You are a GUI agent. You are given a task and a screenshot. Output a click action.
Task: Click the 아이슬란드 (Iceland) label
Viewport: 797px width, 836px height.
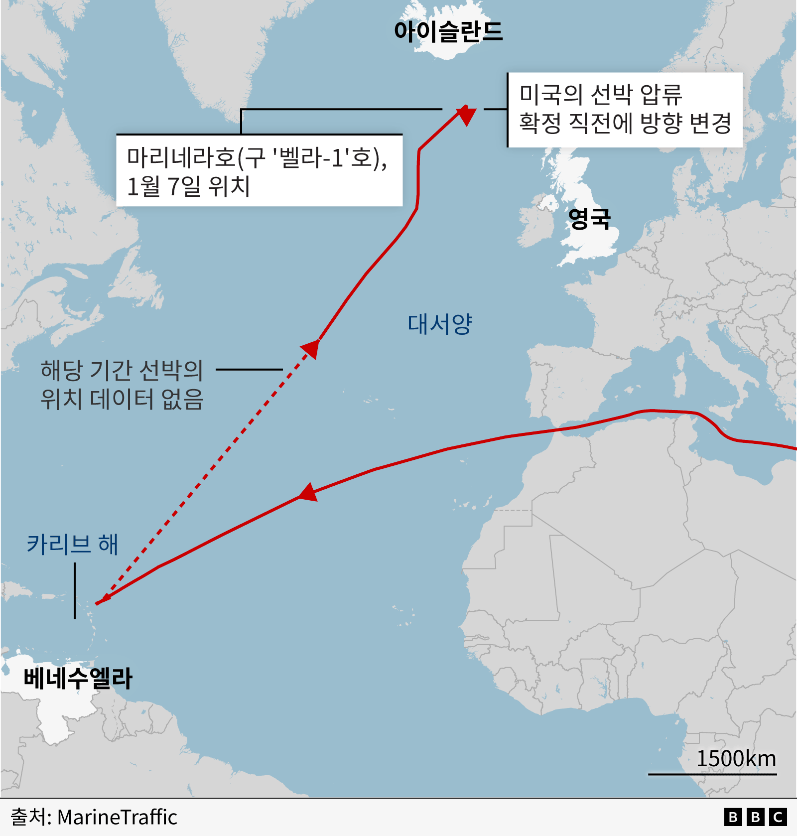click(x=448, y=31)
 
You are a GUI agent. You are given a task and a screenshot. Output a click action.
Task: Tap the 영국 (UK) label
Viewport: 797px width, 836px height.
click(x=589, y=218)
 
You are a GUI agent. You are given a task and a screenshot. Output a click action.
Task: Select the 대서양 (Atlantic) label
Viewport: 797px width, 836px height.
click(x=439, y=324)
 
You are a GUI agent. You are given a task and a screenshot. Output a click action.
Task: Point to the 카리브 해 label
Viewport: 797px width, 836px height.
click(x=72, y=544)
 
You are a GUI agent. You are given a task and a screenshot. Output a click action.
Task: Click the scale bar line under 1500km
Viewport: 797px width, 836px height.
click(x=712, y=774)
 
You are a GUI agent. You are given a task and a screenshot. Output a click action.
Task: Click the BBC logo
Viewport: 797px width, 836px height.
click(x=755, y=817)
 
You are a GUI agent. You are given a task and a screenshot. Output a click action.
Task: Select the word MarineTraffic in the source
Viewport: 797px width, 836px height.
click(x=117, y=818)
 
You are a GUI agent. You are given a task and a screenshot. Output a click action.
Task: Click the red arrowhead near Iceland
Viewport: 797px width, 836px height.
click(x=466, y=115)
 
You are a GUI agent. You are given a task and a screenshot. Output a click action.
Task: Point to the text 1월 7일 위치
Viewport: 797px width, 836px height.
click(x=188, y=186)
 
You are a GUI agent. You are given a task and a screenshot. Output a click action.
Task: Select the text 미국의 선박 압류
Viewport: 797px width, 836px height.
click(x=600, y=94)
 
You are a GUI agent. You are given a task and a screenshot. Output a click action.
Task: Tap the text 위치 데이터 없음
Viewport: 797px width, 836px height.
click(x=122, y=399)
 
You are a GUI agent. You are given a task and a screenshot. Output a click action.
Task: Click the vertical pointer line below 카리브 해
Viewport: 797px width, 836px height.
click(x=75, y=591)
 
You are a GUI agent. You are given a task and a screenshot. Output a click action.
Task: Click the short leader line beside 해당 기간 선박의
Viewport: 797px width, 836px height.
click(x=249, y=370)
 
